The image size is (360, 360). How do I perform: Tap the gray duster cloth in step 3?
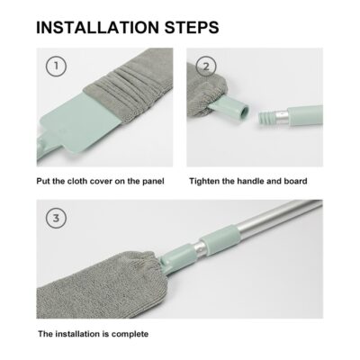tap(99, 288)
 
